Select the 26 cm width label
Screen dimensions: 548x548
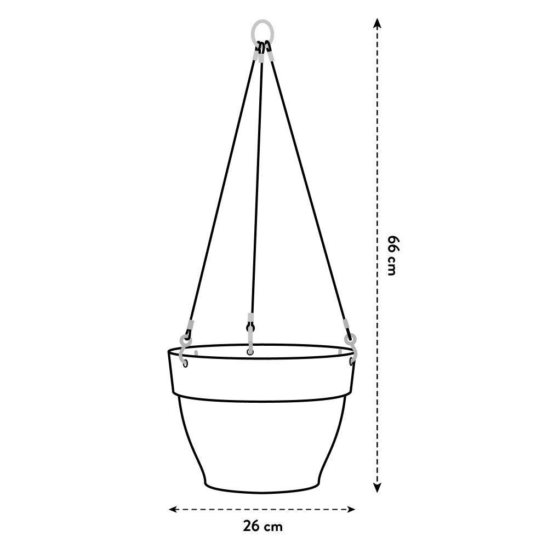pyautogui.click(x=262, y=527)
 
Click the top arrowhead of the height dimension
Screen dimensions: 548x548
pyautogui.click(x=376, y=22)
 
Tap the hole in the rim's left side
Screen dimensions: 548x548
pyautogui.click(x=185, y=363)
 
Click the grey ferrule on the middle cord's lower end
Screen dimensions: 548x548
pyautogui.click(x=250, y=318)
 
